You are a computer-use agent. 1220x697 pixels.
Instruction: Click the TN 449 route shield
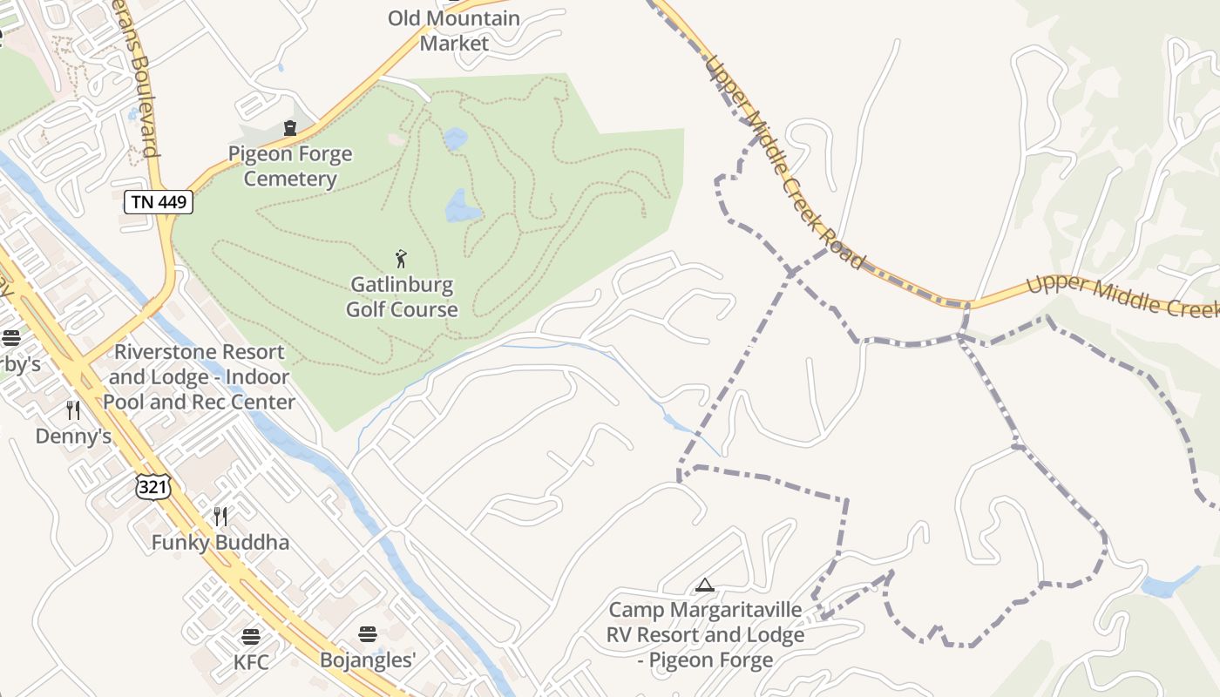tap(158, 202)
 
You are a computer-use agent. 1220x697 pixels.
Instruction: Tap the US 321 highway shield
tap(152, 486)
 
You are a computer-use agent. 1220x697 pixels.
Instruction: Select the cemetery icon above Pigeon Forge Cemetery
tap(290, 129)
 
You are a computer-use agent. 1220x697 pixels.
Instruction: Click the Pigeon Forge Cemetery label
tap(290, 166)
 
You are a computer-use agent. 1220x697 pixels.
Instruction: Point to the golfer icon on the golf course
tap(401, 259)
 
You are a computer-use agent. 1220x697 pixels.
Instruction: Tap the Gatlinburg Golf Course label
tap(402, 297)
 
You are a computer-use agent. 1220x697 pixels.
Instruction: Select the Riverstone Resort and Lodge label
tap(200, 376)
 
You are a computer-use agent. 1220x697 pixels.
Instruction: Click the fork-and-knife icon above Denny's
tap(73, 409)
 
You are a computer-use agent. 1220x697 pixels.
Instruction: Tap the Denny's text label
tap(73, 436)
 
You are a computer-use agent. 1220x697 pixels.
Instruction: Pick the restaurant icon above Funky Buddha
tap(220, 517)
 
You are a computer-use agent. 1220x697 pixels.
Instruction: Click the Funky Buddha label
tap(220, 542)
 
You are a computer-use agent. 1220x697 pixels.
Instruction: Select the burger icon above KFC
tap(251, 635)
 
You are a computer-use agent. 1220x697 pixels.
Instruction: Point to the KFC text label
tap(251, 661)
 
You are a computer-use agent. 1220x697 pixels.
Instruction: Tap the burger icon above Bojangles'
tap(367, 633)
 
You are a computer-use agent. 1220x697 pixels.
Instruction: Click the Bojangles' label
tap(367, 660)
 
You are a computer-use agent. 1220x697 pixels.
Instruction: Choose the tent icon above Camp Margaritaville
tap(705, 585)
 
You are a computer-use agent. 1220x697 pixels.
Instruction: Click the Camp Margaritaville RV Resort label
tap(705, 634)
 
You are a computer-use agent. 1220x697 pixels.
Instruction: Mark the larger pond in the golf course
tap(462, 206)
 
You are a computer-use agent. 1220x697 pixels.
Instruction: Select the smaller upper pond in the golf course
tap(454, 139)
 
